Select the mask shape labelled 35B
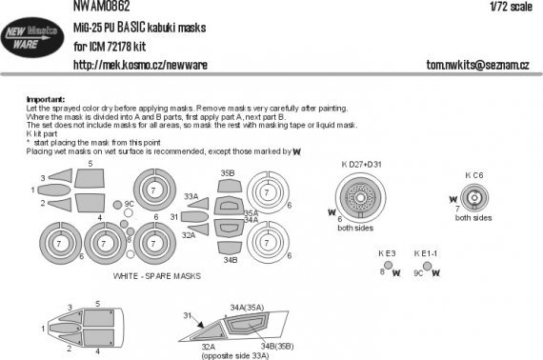click(229, 186)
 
